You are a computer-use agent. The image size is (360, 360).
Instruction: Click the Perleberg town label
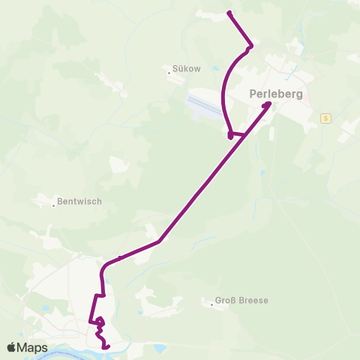275,95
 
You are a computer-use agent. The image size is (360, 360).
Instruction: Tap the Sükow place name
187,67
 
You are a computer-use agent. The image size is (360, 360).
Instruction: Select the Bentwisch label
79,202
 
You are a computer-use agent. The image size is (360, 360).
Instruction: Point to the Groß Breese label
241,301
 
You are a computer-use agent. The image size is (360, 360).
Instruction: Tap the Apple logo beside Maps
11,347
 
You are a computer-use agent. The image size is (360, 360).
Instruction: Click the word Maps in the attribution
32,347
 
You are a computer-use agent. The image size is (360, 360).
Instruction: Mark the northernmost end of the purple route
229,13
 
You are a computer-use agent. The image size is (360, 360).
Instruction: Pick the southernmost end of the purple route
109,347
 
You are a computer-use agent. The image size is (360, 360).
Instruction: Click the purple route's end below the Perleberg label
268,104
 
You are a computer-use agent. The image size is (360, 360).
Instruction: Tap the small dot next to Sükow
170,72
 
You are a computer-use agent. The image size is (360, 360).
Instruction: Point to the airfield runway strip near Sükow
203,103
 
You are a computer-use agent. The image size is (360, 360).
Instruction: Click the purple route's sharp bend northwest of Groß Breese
160,242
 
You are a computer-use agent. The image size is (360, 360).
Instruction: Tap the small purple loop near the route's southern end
100,322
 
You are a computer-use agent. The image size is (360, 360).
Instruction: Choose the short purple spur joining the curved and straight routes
237,135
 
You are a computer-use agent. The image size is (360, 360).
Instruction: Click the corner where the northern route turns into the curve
250,46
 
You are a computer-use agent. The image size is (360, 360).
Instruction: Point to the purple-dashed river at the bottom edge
75,351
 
